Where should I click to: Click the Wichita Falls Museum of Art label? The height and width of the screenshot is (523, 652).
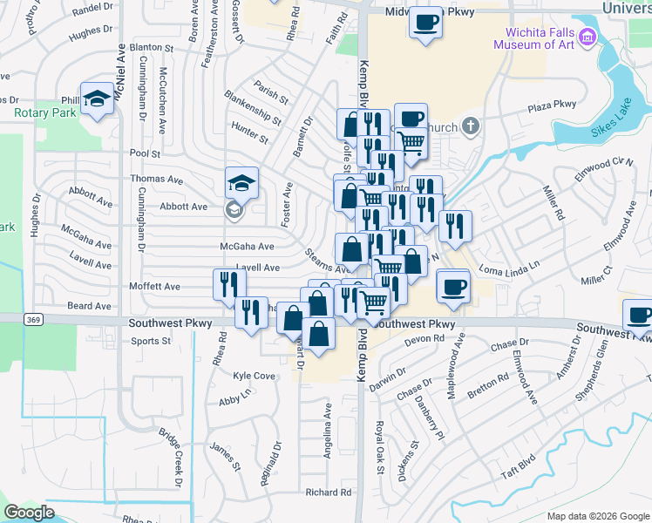pyautogui.click(x=533, y=38)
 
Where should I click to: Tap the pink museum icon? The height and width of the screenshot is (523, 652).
pyautogui.click(x=587, y=37)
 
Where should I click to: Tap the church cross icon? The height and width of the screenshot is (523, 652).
pyautogui.click(x=471, y=127)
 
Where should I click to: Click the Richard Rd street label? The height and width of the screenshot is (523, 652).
pyautogui.click(x=328, y=492)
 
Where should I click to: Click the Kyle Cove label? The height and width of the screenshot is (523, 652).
pyautogui.click(x=254, y=376)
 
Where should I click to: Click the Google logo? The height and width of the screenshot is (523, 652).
pyautogui.click(x=29, y=513)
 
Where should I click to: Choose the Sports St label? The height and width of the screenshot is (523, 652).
pyautogui.click(x=150, y=341)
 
